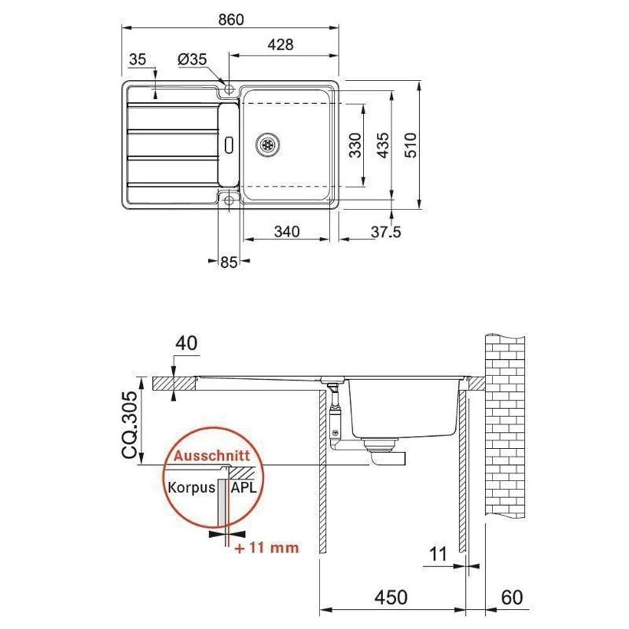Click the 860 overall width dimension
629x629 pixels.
point(231,19)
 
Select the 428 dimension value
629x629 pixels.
point(281,45)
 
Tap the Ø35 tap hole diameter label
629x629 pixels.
point(192,60)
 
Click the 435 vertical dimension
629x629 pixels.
point(382,145)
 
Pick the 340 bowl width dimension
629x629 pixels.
point(286,231)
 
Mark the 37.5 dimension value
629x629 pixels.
point(385,231)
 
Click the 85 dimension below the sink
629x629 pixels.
point(229,263)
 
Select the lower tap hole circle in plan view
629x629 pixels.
point(228,200)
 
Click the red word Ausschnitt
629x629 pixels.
point(212,456)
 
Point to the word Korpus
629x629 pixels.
point(191,487)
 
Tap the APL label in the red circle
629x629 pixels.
point(243,487)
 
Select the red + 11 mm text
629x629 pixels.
point(266,547)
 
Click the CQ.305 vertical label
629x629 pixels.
point(129,426)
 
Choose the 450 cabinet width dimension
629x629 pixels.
point(392,596)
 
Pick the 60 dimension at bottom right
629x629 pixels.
point(513,596)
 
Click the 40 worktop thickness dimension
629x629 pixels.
point(187,343)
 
